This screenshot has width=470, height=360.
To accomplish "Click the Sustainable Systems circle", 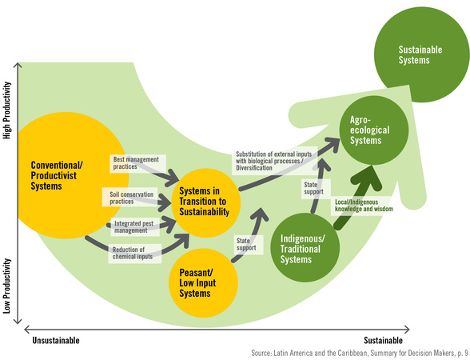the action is (x=421, y=54).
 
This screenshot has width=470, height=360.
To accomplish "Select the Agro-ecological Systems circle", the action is (x=374, y=130).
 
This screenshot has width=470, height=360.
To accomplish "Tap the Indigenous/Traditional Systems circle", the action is (x=305, y=247).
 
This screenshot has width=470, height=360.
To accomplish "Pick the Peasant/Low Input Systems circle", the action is (x=204, y=283).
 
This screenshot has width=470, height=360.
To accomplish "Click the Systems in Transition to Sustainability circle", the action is (x=206, y=203).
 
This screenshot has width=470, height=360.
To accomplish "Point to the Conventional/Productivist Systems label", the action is (x=57, y=175).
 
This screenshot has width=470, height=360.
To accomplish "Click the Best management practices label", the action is (x=136, y=163).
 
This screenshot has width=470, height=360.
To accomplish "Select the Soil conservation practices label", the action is (x=131, y=198).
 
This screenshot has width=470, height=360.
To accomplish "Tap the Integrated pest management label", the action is (x=133, y=227).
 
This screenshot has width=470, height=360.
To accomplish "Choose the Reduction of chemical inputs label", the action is (x=133, y=253).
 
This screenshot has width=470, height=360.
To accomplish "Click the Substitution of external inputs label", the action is (x=273, y=161).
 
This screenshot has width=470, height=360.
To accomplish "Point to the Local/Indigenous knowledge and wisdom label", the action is (x=364, y=206).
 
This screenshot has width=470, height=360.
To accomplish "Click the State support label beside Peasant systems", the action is (x=246, y=244).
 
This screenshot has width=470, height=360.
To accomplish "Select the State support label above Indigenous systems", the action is (x=313, y=188).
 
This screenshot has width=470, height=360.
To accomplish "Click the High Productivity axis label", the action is (x=7, y=110).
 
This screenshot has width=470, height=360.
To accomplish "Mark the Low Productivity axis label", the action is (x=7, y=286).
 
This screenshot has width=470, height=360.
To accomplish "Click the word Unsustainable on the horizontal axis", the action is (x=56, y=341).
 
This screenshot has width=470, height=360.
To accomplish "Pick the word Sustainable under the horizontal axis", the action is (x=383, y=341).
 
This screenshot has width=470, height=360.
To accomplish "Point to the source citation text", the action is (x=360, y=353).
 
